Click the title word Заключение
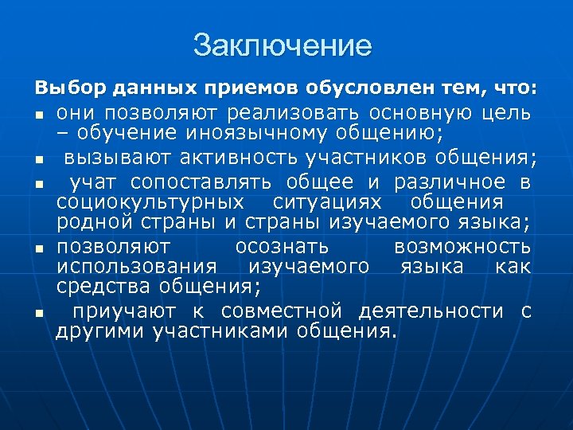(x=282, y=45)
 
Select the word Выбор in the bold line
(x=60, y=85)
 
